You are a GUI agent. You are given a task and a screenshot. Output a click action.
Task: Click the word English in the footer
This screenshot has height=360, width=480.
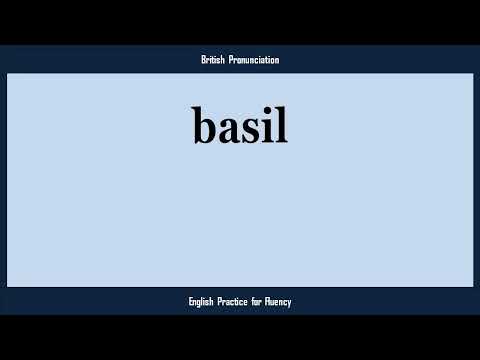203,301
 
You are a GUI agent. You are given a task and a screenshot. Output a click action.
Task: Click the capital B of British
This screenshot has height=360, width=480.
202,60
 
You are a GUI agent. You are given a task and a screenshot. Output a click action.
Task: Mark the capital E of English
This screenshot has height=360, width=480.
190,301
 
